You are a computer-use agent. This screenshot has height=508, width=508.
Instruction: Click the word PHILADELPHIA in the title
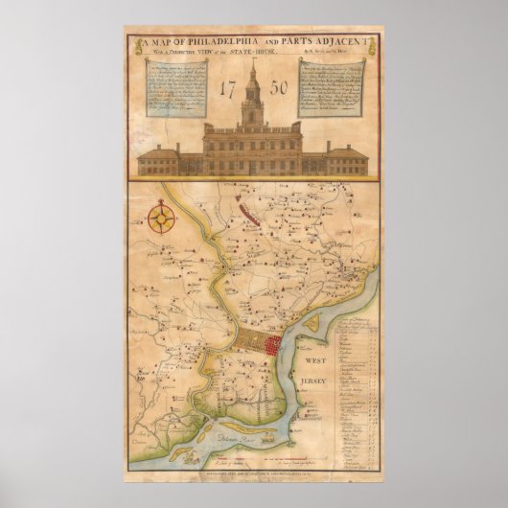click(x=205, y=41)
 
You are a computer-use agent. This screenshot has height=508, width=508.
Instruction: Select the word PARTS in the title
click(x=284, y=41)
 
